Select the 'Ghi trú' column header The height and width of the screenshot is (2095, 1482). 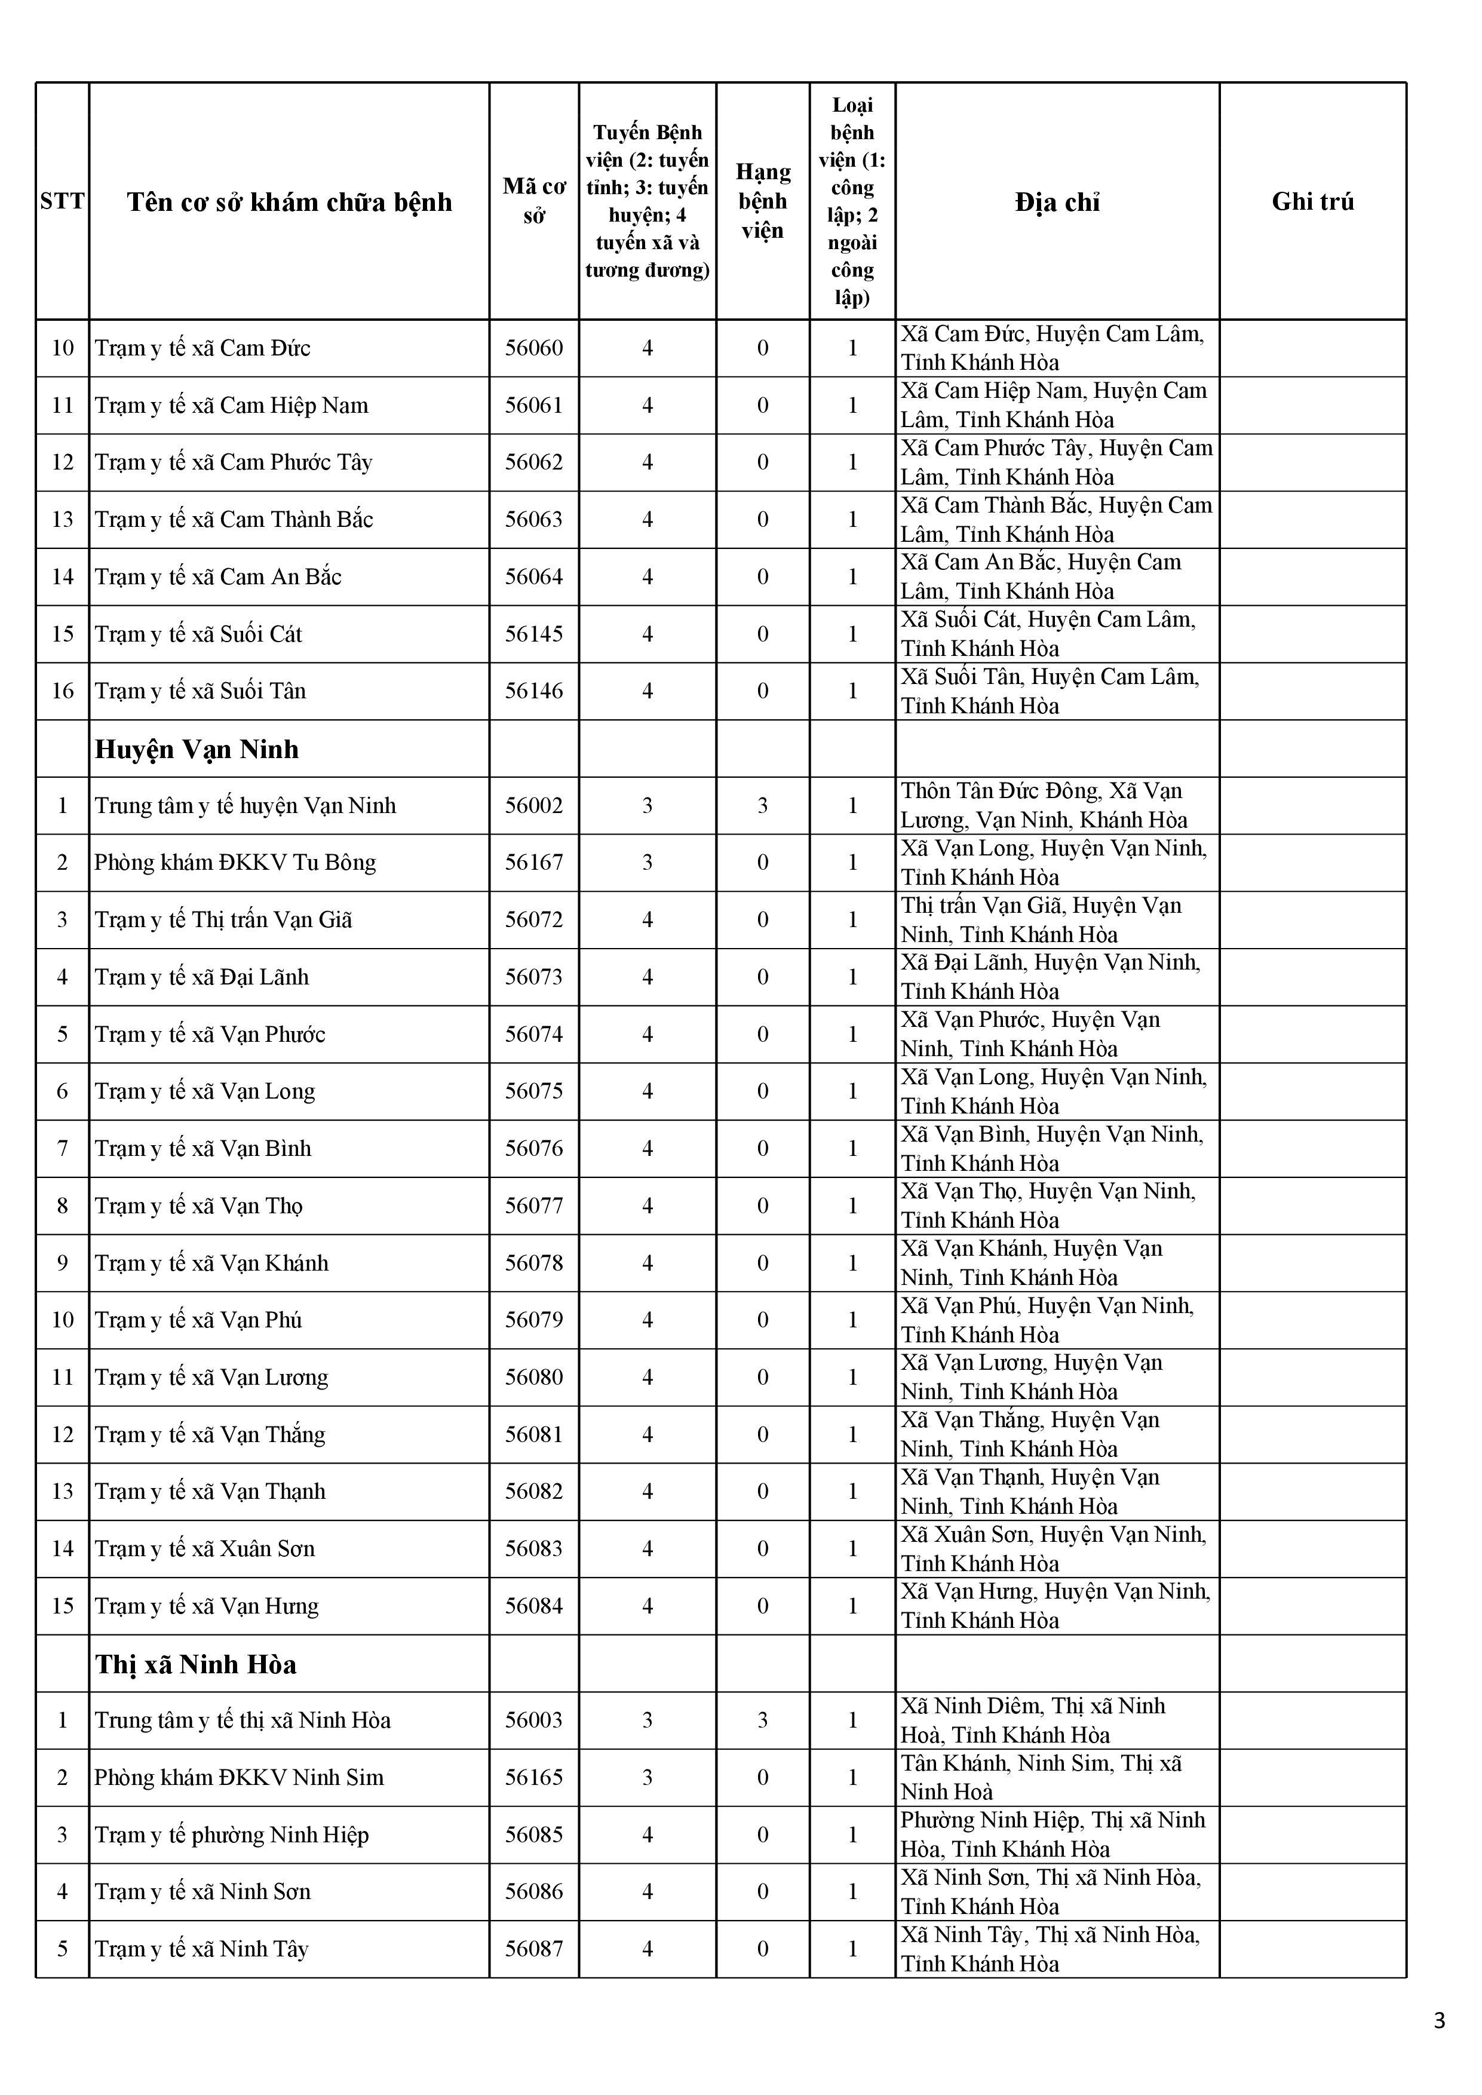(1312, 202)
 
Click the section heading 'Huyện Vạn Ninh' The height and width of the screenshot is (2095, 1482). (197, 749)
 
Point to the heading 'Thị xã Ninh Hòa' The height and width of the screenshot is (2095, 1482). (196, 1664)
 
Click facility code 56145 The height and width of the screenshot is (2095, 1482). (534, 634)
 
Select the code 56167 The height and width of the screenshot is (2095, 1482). (534, 862)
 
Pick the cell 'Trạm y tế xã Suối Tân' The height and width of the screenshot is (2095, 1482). (201, 691)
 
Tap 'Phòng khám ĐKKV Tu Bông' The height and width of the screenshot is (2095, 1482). (235, 862)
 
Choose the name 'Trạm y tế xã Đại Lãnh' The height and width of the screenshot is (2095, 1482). (202, 977)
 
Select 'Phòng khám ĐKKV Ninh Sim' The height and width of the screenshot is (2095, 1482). (239, 1777)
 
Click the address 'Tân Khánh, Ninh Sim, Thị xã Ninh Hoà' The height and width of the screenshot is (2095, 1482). (1041, 1777)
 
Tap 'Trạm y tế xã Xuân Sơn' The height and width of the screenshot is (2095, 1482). (205, 1548)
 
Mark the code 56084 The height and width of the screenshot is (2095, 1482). (534, 1606)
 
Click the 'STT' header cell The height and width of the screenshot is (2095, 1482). (62, 202)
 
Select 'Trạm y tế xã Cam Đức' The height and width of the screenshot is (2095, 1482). (202, 348)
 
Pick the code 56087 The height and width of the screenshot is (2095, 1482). (534, 1949)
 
